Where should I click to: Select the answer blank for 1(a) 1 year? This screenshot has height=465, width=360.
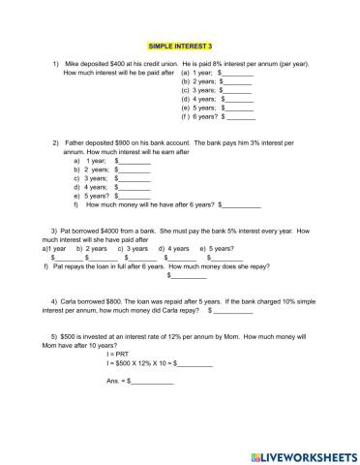[x=239, y=73]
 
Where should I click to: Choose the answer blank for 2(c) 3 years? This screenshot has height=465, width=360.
[x=133, y=178]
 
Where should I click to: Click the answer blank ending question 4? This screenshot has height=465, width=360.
[x=235, y=311]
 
